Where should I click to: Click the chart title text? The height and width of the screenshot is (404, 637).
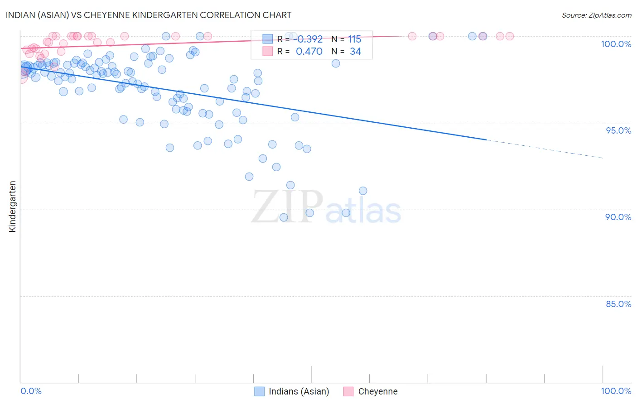pyautogui.click(x=149, y=15)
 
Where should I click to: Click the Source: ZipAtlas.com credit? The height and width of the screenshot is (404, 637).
pyautogui.click(x=596, y=15)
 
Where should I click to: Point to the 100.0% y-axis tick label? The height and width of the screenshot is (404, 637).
pyautogui.click(x=616, y=44)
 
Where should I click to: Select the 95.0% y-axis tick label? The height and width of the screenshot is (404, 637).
pyautogui.click(x=618, y=130)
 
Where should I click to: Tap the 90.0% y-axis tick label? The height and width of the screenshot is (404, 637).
pyautogui.click(x=618, y=217)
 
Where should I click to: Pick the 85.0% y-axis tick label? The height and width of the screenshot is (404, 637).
pyautogui.click(x=618, y=304)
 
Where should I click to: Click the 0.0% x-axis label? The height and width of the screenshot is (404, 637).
pyautogui.click(x=31, y=391)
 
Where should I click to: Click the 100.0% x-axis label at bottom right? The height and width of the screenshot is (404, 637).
pyautogui.click(x=616, y=391)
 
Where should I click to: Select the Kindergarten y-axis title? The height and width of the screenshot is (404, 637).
pyautogui.click(x=12, y=207)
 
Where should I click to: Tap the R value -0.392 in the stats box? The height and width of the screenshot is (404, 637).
pyautogui.click(x=310, y=39)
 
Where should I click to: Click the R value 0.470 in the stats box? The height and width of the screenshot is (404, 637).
pyautogui.click(x=309, y=52)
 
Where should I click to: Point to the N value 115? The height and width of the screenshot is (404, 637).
pyautogui.click(x=354, y=39)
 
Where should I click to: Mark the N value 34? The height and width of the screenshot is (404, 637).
pyautogui.click(x=355, y=52)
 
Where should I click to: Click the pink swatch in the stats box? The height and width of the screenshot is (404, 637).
pyautogui.click(x=268, y=51)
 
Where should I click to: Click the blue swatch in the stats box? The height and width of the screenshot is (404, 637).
pyautogui.click(x=268, y=39)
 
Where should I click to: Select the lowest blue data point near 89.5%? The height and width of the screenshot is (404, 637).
pyautogui.click(x=284, y=217)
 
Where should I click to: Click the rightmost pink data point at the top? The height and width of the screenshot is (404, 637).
pyautogui.click(x=510, y=36)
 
